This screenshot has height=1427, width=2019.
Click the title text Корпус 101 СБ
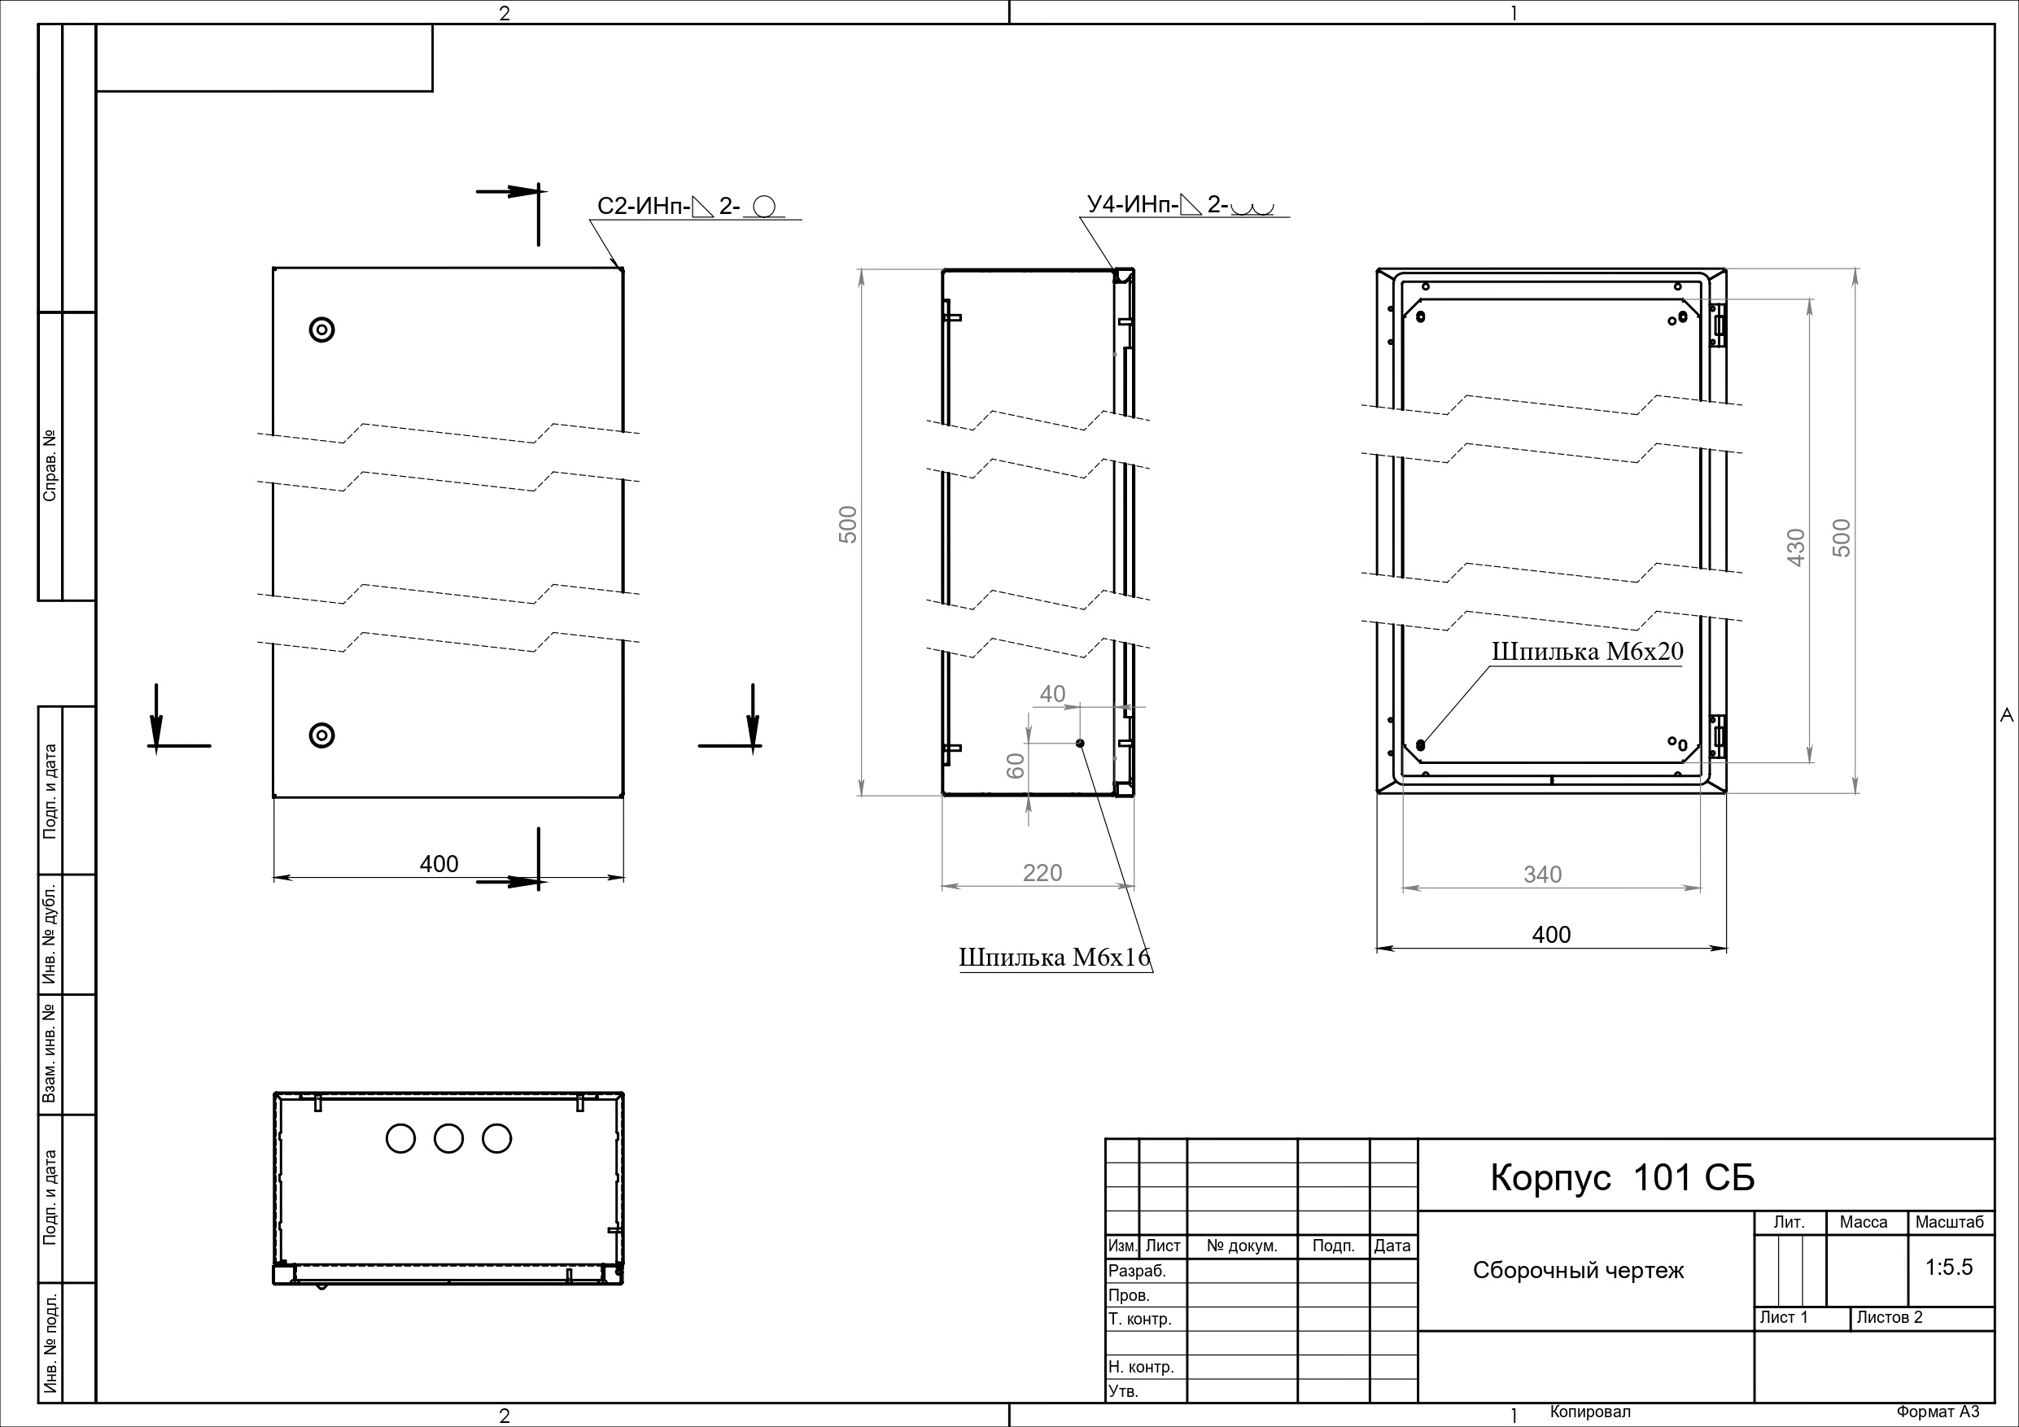[1622, 1178]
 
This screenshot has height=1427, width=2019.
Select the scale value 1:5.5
[1949, 1267]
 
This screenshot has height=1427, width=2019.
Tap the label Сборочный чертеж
[1579, 1271]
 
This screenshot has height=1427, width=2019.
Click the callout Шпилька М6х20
[1587, 652]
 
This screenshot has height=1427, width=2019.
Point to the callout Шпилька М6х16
[1055, 958]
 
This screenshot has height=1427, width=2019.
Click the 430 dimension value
[1797, 547]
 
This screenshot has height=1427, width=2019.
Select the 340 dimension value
[1542, 875]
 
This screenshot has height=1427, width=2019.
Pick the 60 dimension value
[1016, 765]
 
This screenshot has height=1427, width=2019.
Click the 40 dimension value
[1052, 695]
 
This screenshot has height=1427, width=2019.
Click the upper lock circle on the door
[321, 329]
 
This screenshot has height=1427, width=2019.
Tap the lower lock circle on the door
[321, 735]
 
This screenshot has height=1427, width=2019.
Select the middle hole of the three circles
[448, 1139]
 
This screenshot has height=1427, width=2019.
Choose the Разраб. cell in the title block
[1137, 1272]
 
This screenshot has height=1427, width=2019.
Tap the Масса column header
[1864, 1222]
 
